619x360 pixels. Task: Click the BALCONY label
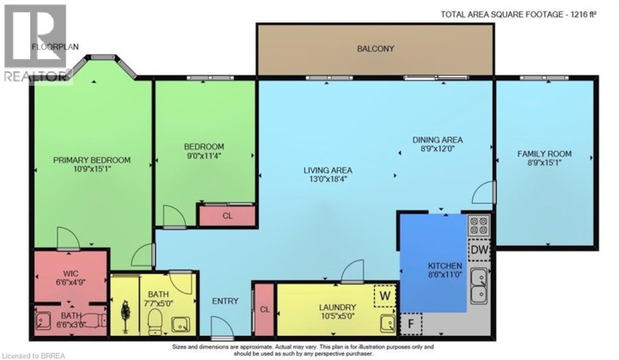376,49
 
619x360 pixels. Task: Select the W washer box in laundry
383,296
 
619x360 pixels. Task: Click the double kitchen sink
479,287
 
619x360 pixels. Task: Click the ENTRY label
224,301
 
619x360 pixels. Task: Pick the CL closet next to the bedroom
226,217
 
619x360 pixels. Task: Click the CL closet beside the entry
265,308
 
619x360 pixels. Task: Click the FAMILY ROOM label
544,155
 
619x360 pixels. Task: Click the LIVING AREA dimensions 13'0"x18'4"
328,180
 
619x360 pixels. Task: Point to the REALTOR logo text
34,76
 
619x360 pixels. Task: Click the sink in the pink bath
45,322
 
